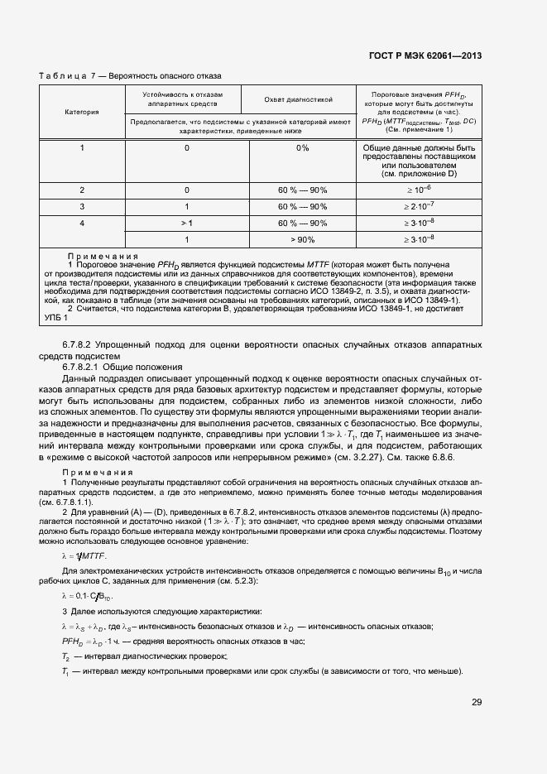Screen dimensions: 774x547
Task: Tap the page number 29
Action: pos(477,702)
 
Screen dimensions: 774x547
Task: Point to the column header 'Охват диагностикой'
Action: pos(298,99)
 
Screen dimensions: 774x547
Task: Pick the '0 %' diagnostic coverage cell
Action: pos(302,148)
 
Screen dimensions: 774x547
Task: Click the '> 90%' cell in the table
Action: pos(302,239)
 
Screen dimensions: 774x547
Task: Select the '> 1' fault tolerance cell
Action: pos(187,224)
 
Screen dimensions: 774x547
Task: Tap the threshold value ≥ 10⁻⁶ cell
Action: pos(419,190)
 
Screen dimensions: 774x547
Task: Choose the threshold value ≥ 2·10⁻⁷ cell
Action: pos(419,206)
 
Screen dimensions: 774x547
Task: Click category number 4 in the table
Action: pos(82,224)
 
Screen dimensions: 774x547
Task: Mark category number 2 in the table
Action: pos(82,190)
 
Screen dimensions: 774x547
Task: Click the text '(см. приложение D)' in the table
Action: pos(419,175)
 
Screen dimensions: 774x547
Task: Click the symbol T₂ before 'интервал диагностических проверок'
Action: pos(65,656)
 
